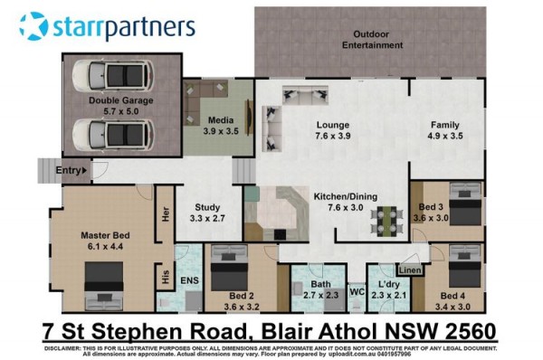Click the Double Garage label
point(121,100)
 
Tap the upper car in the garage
point(113,76)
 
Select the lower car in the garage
point(113,135)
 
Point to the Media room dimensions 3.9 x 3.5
point(221,131)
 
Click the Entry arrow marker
point(84,170)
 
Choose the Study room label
point(207,207)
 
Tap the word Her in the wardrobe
point(166,214)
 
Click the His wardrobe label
point(166,277)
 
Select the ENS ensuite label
point(189,280)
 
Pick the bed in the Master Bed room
point(104,286)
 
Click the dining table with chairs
point(386,222)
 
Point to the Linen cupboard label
point(410,270)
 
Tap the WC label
point(357,292)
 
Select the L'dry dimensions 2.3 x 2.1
point(388,296)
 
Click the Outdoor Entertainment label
point(372,40)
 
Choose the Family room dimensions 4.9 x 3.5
point(445,136)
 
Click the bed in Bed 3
point(465,204)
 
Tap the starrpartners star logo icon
point(33,26)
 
